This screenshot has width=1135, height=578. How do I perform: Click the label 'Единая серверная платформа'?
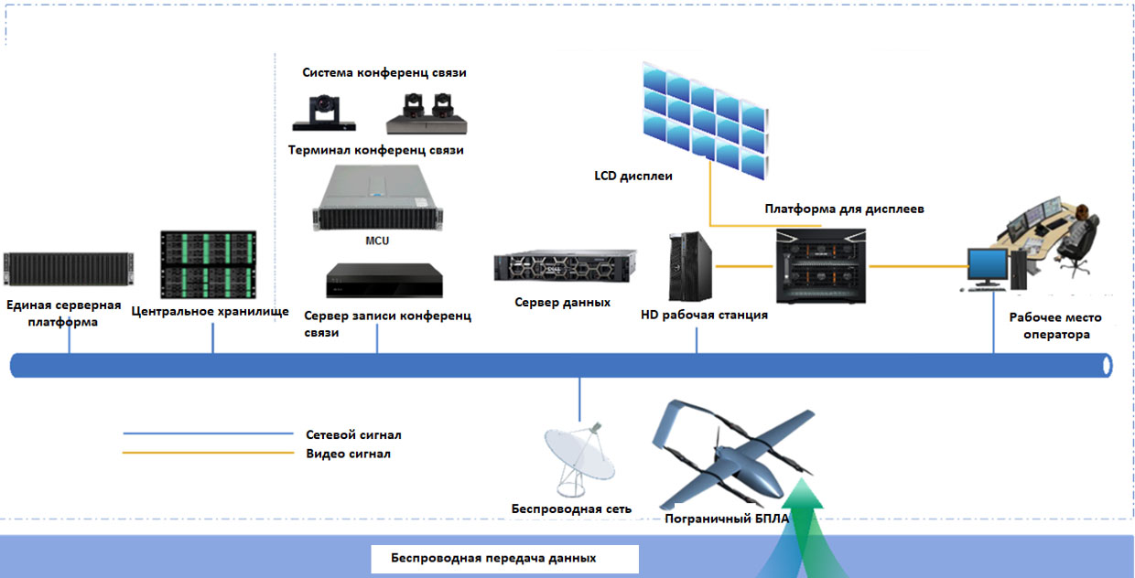pyautogui.click(x=63, y=314)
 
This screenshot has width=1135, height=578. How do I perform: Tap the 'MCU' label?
pyautogui.click(x=377, y=241)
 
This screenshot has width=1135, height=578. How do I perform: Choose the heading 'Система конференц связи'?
pyautogui.click(x=384, y=73)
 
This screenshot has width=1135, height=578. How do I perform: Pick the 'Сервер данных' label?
pyautogui.click(x=562, y=302)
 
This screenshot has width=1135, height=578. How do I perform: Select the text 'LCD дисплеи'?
pyautogui.click(x=633, y=176)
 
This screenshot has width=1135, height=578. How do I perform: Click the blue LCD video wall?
pyautogui.click(x=704, y=117)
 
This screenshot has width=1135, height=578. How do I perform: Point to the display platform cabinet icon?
pyautogui.click(x=821, y=266)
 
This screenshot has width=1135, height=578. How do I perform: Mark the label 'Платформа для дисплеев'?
pyautogui.click(x=844, y=209)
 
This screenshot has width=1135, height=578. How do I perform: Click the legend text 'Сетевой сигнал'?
pyautogui.click(x=353, y=435)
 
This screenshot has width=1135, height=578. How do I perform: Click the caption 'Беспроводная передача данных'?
pyautogui.click(x=493, y=558)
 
